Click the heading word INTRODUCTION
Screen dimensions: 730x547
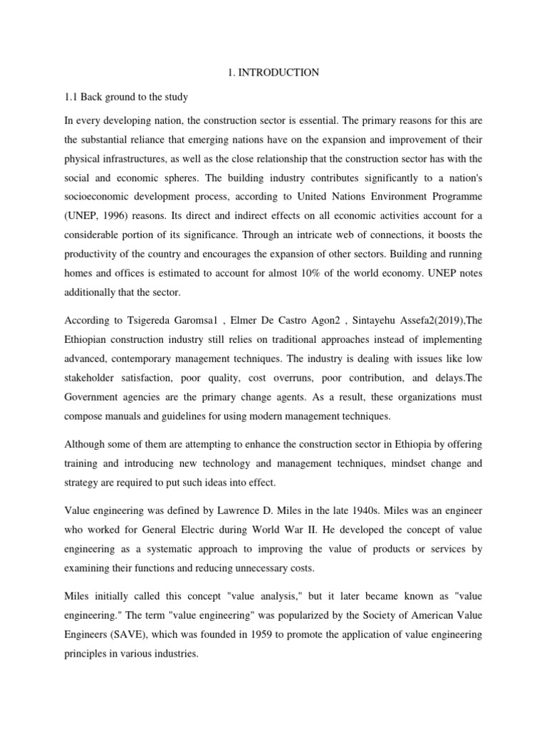point(284,72)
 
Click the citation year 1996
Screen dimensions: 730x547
point(135,214)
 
